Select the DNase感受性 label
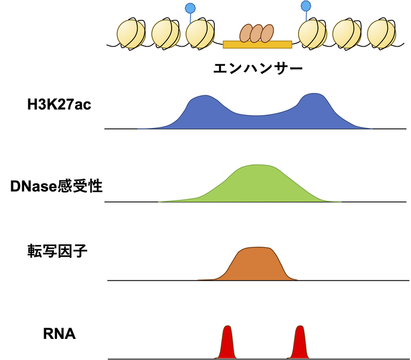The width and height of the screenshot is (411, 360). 57,186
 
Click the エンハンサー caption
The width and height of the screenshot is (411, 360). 258,68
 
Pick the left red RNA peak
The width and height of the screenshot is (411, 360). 227,344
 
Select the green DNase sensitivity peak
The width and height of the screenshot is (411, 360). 257,185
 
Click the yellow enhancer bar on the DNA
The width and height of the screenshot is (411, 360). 257,44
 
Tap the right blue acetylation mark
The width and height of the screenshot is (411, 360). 306,6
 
